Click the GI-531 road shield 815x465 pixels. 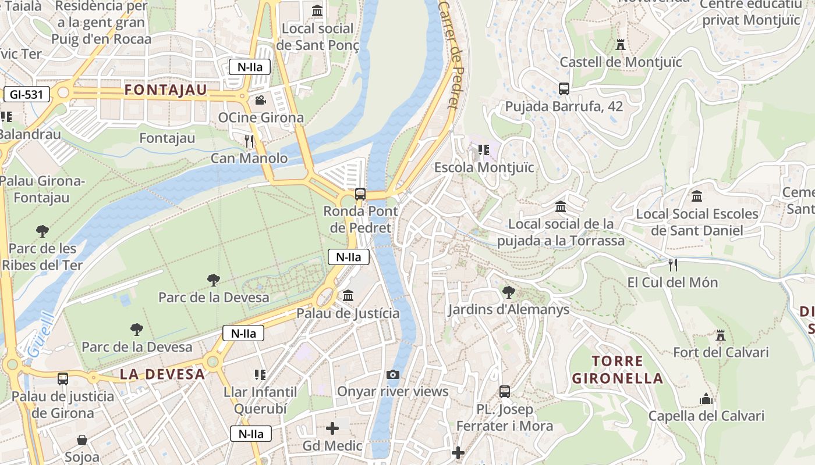(x=26, y=94)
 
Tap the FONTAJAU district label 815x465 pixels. (x=166, y=90)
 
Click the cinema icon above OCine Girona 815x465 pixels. (x=260, y=100)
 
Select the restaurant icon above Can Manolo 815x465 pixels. (x=250, y=141)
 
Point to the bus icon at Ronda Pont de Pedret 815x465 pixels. (x=360, y=194)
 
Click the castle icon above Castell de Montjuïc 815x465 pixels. (x=621, y=44)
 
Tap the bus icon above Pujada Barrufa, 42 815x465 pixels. (x=564, y=89)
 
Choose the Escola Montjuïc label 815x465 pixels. (x=484, y=167)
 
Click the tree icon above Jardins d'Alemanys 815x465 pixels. (x=508, y=292)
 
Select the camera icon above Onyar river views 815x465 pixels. (x=393, y=374)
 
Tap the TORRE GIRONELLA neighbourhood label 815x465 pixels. (x=617, y=370)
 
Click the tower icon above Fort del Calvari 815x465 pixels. (x=721, y=335)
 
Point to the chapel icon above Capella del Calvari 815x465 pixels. (x=706, y=399)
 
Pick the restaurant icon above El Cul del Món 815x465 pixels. (x=672, y=265)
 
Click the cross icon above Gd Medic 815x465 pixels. (x=332, y=429)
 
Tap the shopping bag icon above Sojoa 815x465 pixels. (x=82, y=440)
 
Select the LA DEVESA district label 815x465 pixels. (x=162, y=374)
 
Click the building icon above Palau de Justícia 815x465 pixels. (x=348, y=296)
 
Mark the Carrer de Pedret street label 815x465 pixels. (x=449, y=55)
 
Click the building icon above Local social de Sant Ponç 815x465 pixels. (x=317, y=11)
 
